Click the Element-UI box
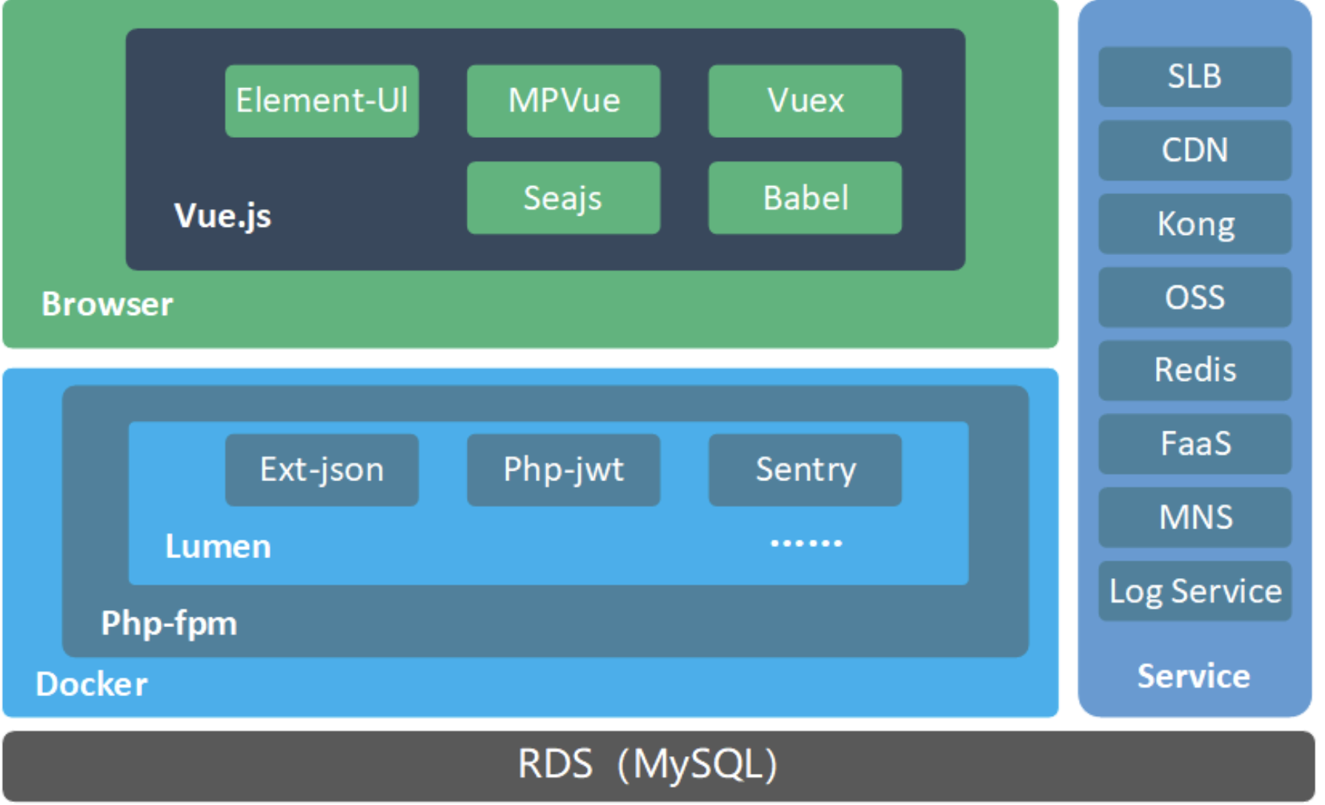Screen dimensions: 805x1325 coord(322,101)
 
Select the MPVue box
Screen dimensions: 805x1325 coord(563,101)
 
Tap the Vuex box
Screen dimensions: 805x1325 coord(805,101)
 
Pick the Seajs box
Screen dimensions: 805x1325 coord(563,198)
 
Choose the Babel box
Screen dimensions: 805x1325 coord(805,198)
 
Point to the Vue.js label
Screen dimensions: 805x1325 coord(222,216)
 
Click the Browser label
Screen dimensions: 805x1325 coord(107,304)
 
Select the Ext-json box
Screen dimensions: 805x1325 coord(322,470)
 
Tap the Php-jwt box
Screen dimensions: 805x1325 coord(563,470)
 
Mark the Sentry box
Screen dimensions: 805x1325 coord(805,470)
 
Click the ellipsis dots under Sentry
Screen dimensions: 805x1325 coord(806,543)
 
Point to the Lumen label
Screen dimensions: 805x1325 coord(218,546)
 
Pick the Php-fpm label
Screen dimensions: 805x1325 coord(169,623)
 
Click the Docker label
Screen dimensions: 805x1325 coord(92,684)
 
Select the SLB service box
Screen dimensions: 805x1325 coord(1195,76)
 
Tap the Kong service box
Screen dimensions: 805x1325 coord(1195,224)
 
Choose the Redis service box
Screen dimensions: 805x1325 coord(1195,370)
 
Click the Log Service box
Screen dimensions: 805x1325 coord(1195,591)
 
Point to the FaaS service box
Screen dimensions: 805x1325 coord(1195,444)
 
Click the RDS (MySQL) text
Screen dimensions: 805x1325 coord(648,764)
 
